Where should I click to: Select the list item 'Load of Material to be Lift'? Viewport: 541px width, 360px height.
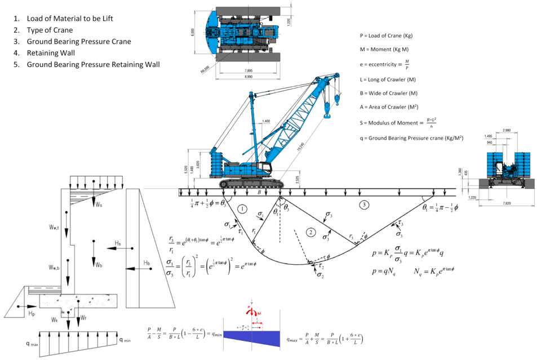(x=70, y=19)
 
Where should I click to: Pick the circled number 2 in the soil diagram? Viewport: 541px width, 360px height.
(x=309, y=232)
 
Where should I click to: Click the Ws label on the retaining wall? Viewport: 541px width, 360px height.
(x=99, y=205)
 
